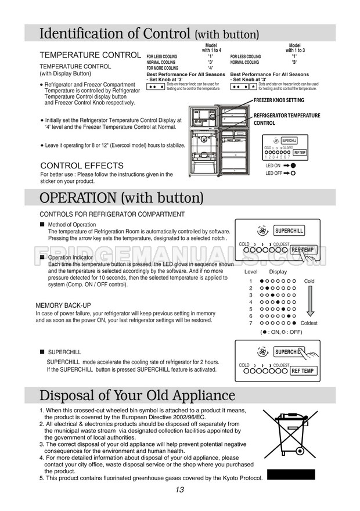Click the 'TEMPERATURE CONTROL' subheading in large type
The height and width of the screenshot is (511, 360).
[x=89, y=55]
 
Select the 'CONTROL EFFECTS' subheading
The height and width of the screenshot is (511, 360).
[x=81, y=165]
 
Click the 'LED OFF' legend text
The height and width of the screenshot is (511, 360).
[x=273, y=173]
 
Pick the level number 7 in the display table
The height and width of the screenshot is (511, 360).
[x=251, y=323]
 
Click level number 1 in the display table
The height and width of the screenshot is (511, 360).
[x=251, y=281]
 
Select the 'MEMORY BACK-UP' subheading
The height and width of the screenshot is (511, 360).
[x=63, y=305]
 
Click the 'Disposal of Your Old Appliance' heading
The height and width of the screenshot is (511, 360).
[x=137, y=396]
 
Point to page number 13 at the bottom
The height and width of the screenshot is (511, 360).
[x=179, y=490]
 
